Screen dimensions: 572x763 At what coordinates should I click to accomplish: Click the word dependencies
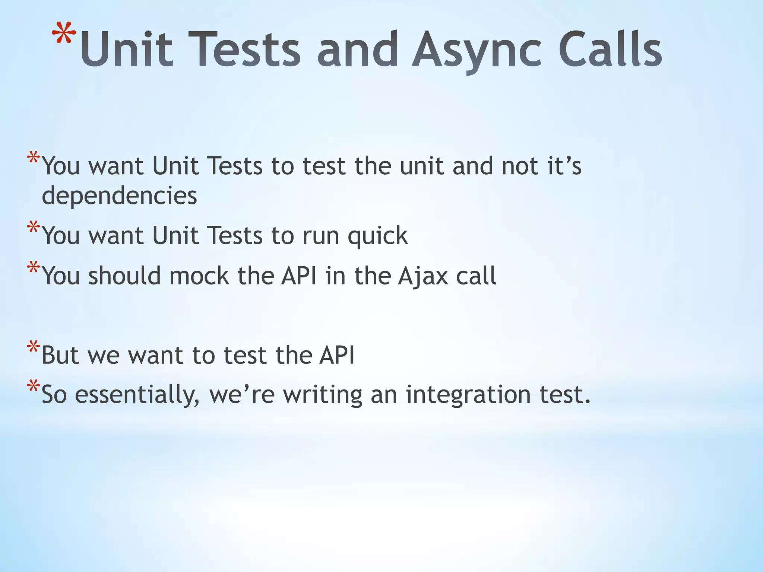tap(119, 196)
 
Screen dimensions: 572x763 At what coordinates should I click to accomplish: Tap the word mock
tap(199, 276)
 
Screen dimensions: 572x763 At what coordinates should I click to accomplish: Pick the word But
tap(60, 355)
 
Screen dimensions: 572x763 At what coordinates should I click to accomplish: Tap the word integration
tap(468, 395)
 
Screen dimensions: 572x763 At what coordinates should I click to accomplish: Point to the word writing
tap(323, 395)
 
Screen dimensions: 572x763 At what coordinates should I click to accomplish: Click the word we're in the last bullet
tap(242, 395)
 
